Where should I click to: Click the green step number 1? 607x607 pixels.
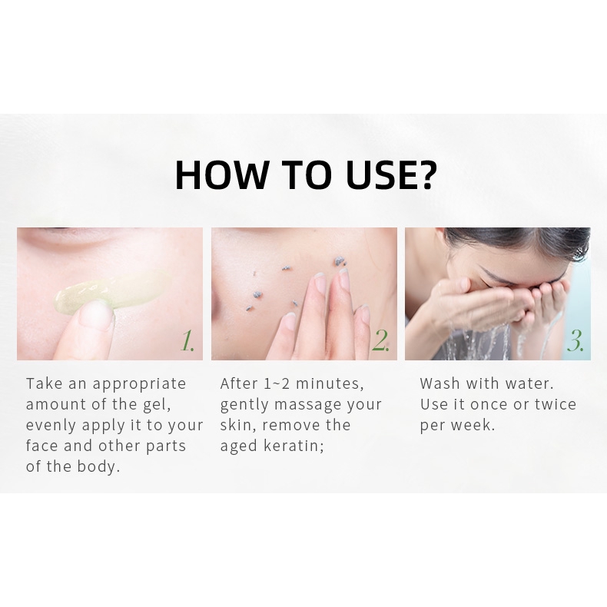(x=187, y=342)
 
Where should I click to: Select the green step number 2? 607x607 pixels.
(x=380, y=342)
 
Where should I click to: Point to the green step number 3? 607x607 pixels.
(x=575, y=342)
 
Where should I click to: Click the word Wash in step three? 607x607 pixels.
(x=440, y=383)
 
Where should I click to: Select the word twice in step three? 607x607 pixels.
(x=554, y=404)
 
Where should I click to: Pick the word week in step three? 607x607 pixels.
(x=475, y=425)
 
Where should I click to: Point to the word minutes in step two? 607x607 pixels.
(x=331, y=383)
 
